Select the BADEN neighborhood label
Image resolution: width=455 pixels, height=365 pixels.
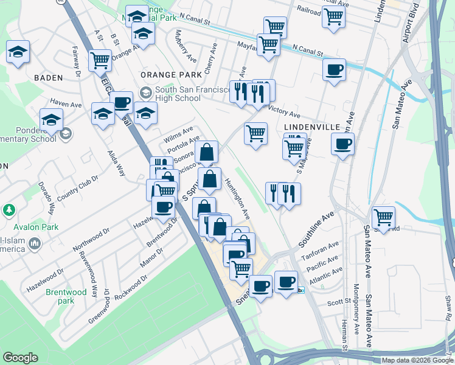click(x=48, y=78)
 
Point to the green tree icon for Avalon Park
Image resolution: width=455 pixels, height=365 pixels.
click(x=9, y=210)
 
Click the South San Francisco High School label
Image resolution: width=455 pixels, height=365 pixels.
click(x=178, y=94)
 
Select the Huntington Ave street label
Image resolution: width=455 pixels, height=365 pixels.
click(x=237, y=198)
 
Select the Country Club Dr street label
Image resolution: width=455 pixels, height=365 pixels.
click(x=77, y=189)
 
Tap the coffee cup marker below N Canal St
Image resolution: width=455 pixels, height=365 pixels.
click(x=333, y=70)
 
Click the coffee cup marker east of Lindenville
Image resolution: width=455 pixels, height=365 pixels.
click(x=342, y=144)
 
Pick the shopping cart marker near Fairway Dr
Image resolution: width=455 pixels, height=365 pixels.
click(x=99, y=60)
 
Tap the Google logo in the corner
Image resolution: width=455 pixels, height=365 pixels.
click(x=21, y=358)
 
